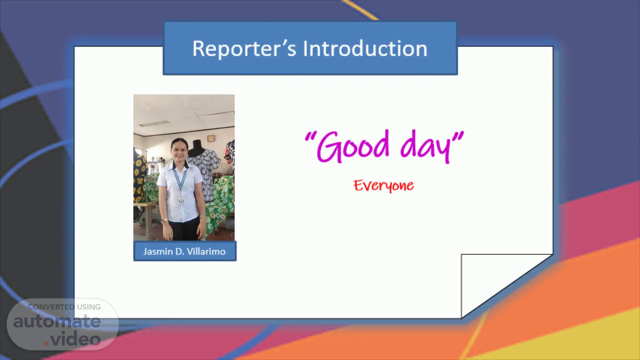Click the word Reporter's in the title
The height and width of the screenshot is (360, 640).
tap(244, 49)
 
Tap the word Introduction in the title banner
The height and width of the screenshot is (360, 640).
tap(365, 49)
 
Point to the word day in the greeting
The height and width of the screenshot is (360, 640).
tap(425, 147)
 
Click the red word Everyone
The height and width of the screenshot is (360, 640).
tap(384, 186)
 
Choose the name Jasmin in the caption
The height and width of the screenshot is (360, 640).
tap(158, 251)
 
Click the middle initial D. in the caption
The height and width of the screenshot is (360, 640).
tap(180, 251)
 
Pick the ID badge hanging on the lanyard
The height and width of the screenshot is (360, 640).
tap(181, 200)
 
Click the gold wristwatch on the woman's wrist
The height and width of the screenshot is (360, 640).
tap(164, 221)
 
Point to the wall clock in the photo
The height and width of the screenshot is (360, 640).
tap(211, 138)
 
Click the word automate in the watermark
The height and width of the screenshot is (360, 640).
tap(57, 321)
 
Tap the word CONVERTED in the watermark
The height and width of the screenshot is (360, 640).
tap(51, 307)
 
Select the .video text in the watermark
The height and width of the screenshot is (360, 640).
tap(72, 339)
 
